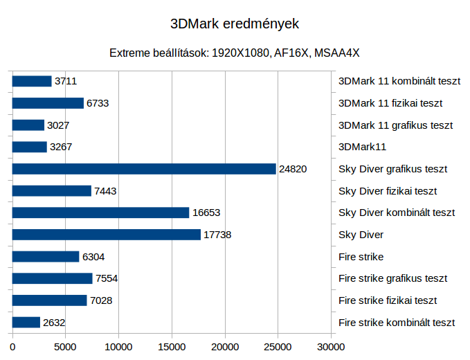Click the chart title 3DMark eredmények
pos(235,24)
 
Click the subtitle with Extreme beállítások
pos(235,53)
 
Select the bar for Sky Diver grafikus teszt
pos(144,169)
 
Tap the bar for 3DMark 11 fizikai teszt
pos(48,103)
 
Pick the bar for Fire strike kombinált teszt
pos(26,322)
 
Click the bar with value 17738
pos(107,235)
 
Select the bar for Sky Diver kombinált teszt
pos(100,213)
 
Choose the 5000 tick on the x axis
pos(66,344)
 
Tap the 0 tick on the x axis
pos(12,344)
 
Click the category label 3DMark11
pos(362,147)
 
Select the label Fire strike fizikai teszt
pos(388,300)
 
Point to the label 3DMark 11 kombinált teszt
pos(399,81)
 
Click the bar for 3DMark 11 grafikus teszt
pos(28,125)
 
